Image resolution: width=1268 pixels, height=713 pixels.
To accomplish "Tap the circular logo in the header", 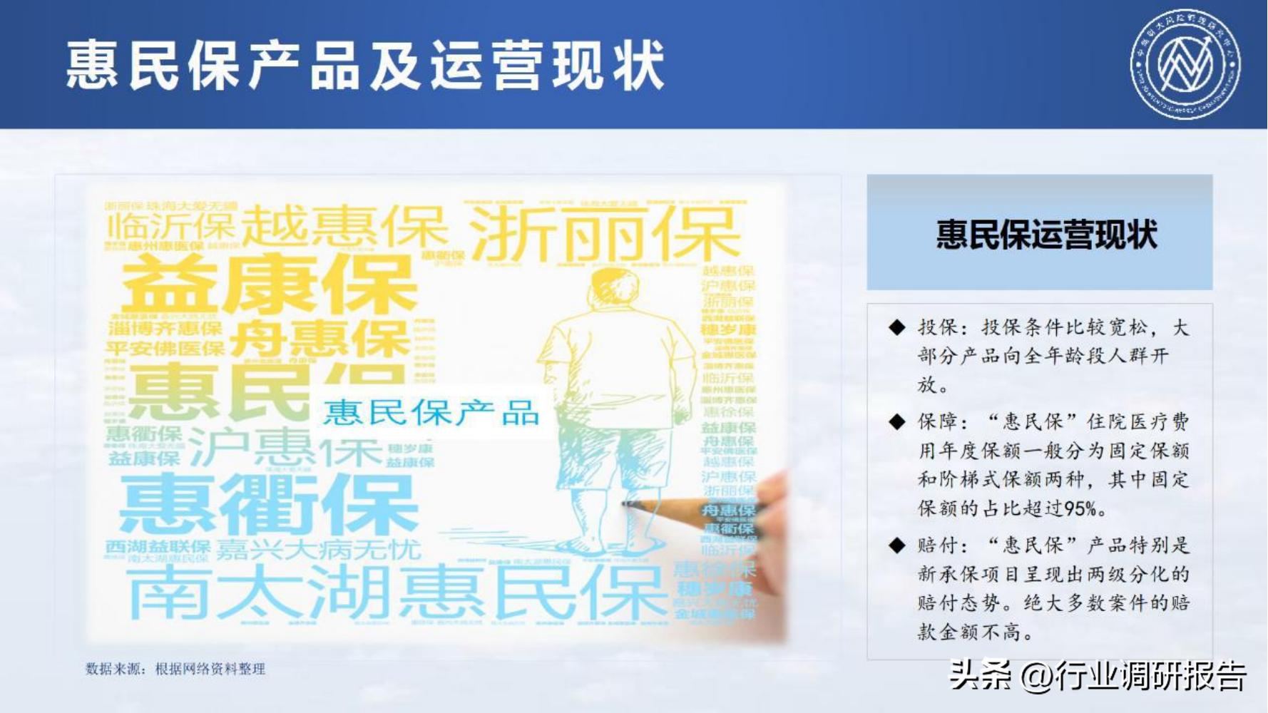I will tap(1185, 64).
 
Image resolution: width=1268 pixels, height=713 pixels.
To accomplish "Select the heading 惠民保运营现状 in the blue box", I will tap(1046, 235).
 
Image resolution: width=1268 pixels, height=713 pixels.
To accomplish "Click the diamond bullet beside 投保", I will tap(896, 327).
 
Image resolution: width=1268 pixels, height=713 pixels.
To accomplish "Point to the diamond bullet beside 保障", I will tap(896, 422).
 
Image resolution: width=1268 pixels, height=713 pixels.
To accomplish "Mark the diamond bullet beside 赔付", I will tap(896, 546).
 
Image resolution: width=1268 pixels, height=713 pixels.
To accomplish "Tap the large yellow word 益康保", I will tap(270, 284).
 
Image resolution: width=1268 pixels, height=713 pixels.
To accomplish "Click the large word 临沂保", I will tap(171, 227).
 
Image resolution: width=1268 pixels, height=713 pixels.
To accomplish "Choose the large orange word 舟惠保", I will tap(319, 339).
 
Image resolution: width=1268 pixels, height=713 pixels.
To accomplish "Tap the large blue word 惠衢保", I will tap(268, 503).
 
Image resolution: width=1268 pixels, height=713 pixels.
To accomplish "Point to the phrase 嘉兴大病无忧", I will tap(318, 550).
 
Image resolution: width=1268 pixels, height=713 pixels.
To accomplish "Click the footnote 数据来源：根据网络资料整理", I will tap(175, 669).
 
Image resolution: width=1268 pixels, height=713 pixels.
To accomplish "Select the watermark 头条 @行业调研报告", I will tap(1098, 675).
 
